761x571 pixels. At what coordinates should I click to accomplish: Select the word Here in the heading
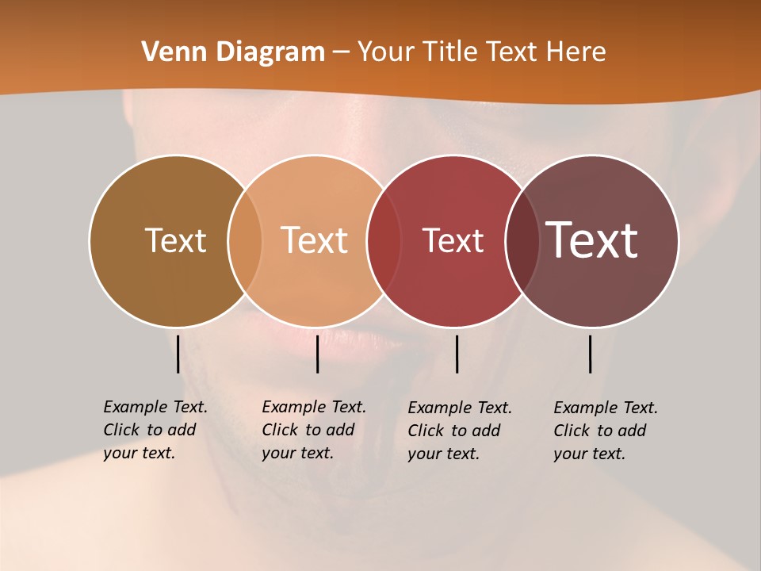coord(576,52)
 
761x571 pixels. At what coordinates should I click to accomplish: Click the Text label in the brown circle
coord(175,240)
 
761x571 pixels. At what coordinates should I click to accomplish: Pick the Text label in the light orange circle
coord(315,240)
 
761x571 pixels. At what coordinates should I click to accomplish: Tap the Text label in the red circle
coord(453,240)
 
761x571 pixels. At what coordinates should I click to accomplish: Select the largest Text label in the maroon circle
coord(592,240)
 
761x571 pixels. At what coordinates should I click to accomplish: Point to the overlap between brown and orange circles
coord(245,241)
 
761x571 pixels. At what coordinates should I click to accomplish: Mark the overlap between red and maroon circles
coord(521,241)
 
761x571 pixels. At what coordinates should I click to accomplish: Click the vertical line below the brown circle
coord(178,354)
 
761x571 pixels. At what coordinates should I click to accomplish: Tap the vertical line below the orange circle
coord(317,354)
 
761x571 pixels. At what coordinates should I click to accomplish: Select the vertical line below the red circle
coord(457,354)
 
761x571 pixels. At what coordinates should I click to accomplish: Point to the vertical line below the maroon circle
coord(590,354)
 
